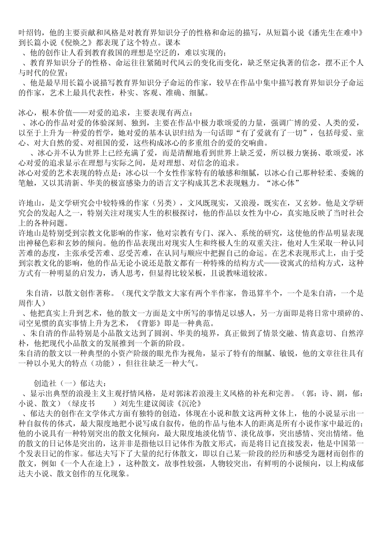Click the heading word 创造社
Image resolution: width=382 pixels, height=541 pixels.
[45, 384]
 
